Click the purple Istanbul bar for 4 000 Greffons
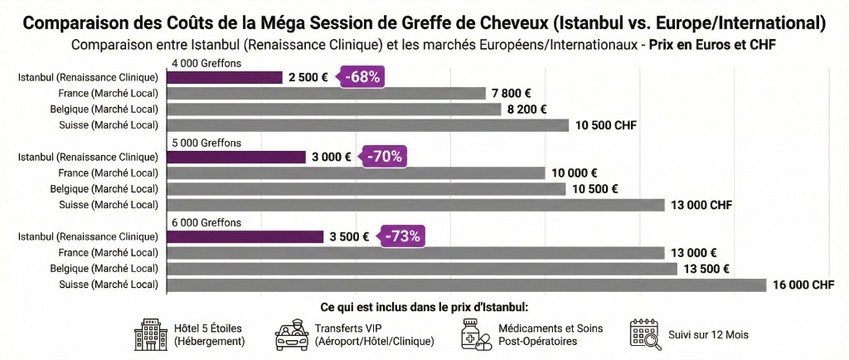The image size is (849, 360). coord(225,77)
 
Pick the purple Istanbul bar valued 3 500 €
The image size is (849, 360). coord(245,236)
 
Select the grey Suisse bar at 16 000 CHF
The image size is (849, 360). coord(467,285)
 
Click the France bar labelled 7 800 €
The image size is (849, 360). coord(327,94)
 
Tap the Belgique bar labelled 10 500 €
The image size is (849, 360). coord(366,189)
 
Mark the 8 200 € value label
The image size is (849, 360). coord(531,109)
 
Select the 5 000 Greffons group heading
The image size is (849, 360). coord(206,143)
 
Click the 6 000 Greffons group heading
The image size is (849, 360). coord(206,222)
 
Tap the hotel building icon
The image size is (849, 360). coord(151,334)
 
